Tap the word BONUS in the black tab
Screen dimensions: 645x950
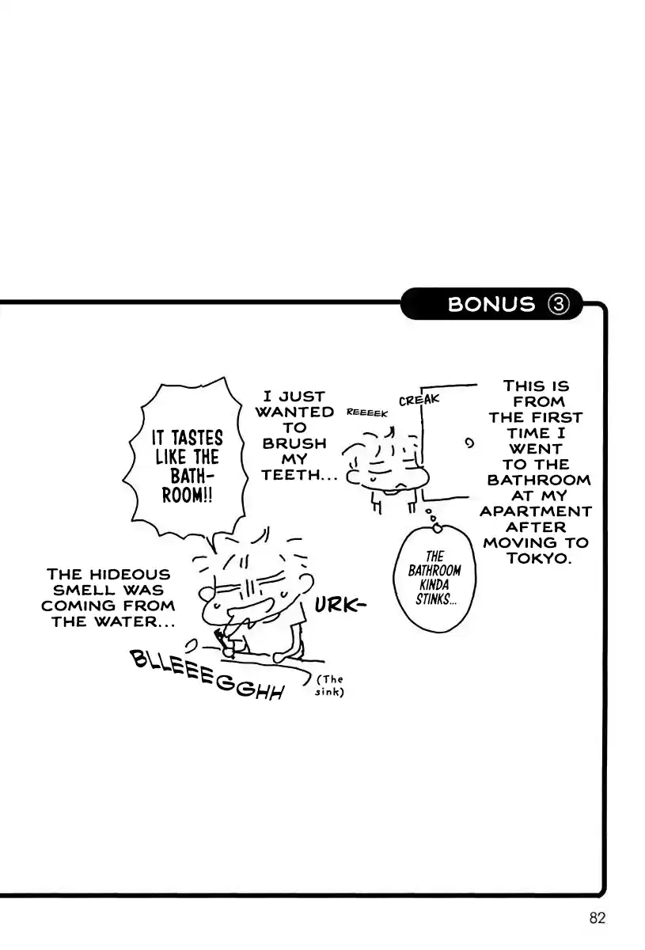point(491,304)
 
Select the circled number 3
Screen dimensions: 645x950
point(558,304)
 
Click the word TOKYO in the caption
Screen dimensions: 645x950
point(537,558)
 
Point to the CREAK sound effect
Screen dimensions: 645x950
point(419,399)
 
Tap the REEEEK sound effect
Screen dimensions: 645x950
point(366,412)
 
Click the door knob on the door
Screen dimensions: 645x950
point(469,443)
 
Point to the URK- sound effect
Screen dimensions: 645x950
point(340,606)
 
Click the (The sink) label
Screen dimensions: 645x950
point(329,686)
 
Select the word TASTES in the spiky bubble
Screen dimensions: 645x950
point(198,438)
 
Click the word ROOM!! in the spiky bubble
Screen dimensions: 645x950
point(187,495)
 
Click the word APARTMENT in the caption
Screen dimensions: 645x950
point(536,511)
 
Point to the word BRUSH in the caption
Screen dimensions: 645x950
point(294,443)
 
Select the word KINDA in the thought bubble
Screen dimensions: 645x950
point(434,585)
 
